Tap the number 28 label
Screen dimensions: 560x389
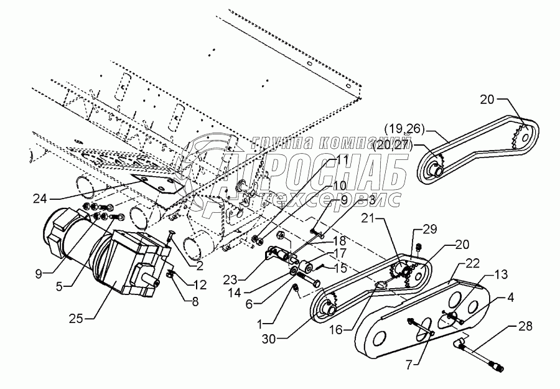click(x=525, y=326)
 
